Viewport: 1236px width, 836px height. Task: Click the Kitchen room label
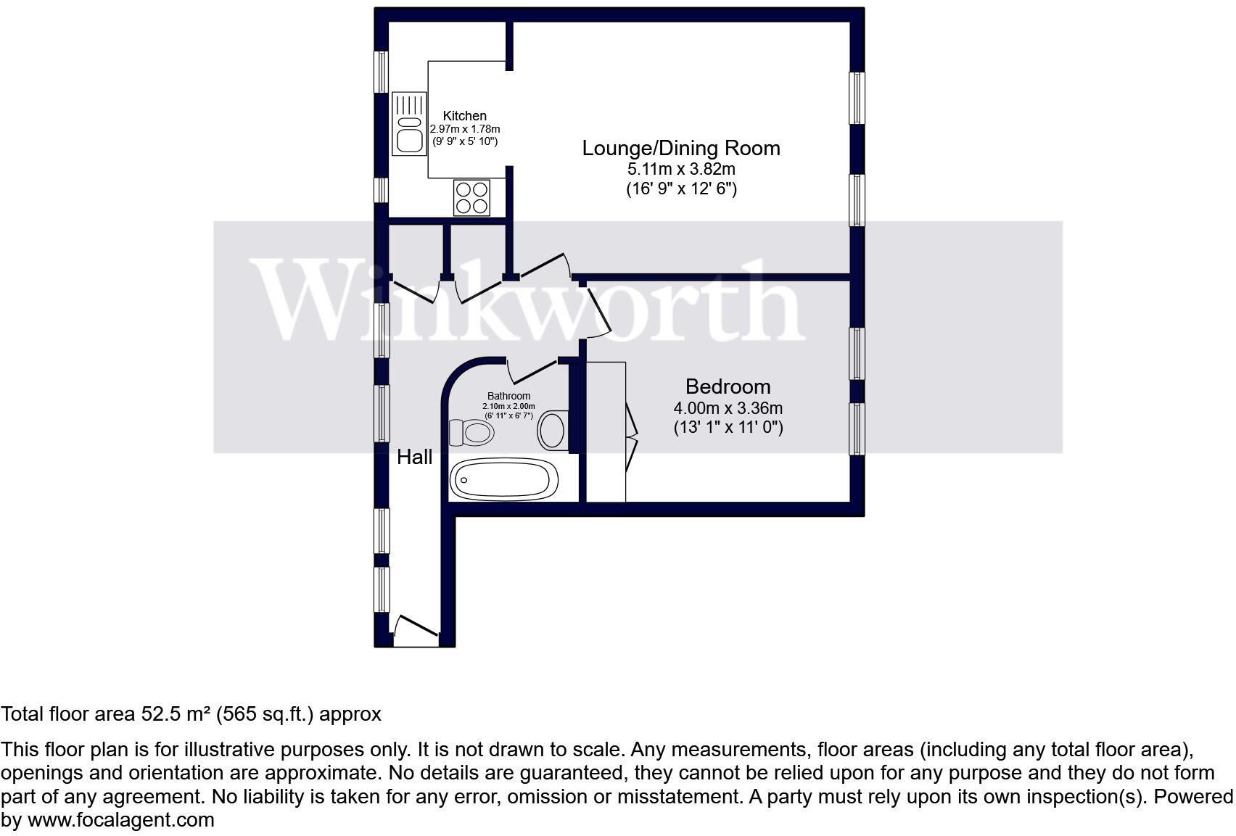[464, 116]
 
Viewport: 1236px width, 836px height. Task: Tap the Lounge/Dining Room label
[681, 149]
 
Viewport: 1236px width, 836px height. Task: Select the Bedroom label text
[728, 386]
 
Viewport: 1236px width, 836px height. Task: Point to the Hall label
[415, 457]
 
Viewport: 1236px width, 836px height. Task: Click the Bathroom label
[508, 396]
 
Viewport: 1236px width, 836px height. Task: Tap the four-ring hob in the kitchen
[471, 197]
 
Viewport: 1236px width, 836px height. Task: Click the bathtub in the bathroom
[503, 479]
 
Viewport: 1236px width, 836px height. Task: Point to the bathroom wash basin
[553, 430]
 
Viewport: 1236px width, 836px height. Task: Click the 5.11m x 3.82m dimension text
[681, 170]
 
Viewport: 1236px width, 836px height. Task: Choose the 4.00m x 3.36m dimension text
[728, 408]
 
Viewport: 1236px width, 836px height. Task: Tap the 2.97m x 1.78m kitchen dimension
[465, 129]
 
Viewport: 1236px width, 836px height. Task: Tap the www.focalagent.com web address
[121, 820]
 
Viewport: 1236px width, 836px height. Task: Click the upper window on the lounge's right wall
[857, 98]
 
